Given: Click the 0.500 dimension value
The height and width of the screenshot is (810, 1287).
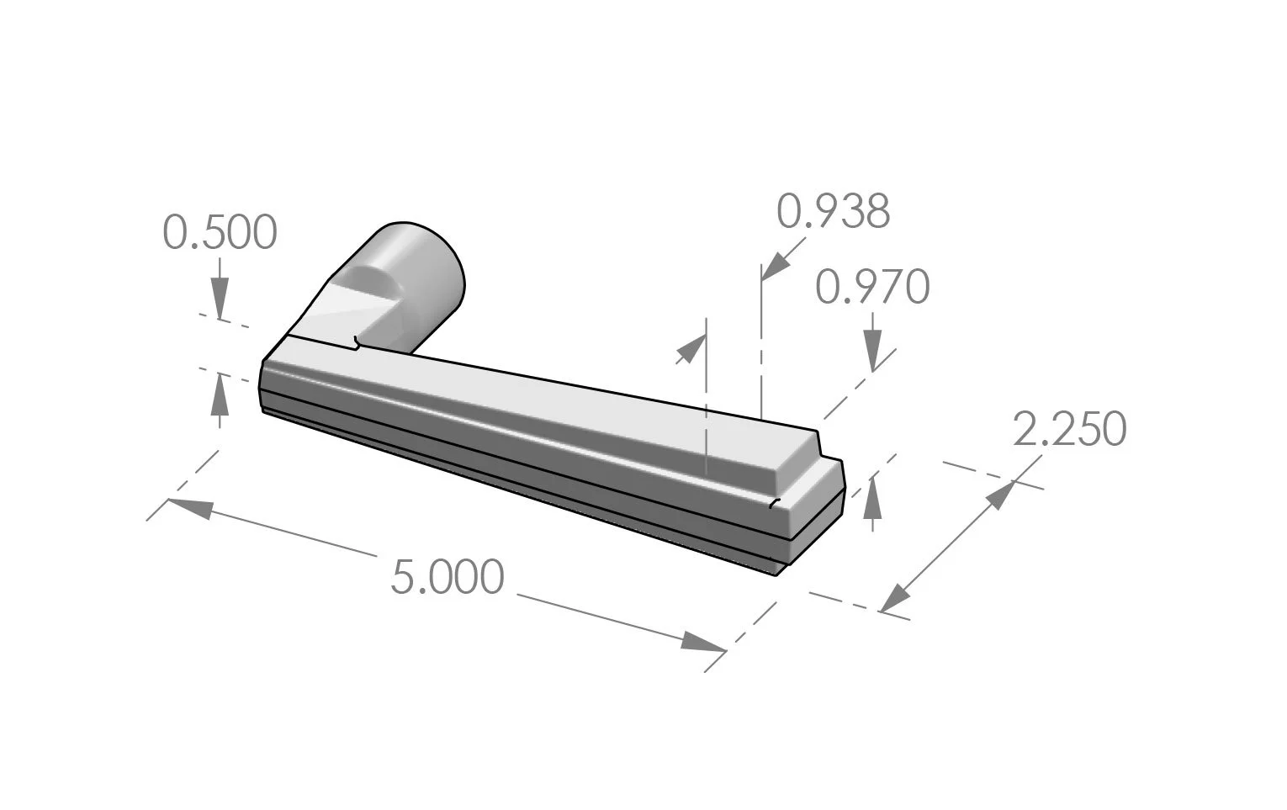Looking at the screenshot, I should tap(220, 233).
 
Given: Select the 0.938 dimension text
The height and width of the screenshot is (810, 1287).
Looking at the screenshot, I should tap(833, 212).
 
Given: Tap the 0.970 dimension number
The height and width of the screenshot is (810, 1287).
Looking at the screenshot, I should tap(872, 288).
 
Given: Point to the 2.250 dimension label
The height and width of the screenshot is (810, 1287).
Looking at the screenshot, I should tap(1068, 430).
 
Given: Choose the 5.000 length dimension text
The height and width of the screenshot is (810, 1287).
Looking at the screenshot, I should tap(448, 578).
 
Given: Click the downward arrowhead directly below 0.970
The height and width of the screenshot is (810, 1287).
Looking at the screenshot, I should tap(872, 350).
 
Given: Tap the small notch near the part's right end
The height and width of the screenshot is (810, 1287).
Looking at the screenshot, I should tap(775, 503).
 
